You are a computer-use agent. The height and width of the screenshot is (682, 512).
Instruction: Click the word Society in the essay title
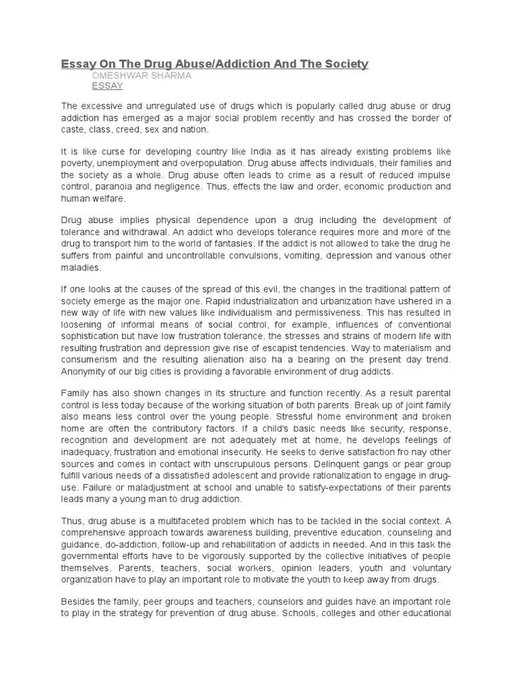[x=345, y=64]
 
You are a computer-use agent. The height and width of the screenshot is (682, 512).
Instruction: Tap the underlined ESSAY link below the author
[x=107, y=87]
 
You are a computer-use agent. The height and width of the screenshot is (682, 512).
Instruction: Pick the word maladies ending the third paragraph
[x=81, y=267]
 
